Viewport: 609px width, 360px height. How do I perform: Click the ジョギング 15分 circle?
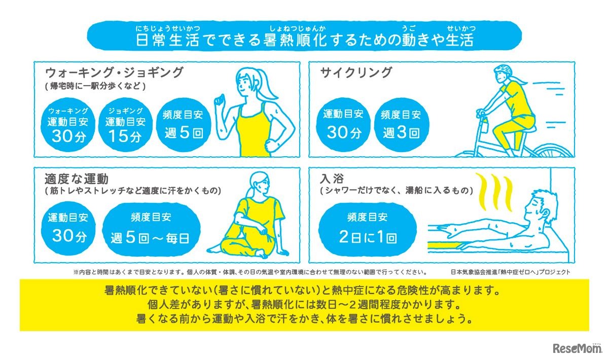[x=125, y=125]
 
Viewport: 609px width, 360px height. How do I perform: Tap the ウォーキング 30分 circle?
[x=67, y=125]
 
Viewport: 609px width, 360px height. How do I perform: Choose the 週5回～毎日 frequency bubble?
[x=150, y=228]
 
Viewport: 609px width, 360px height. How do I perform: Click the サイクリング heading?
[x=356, y=73]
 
